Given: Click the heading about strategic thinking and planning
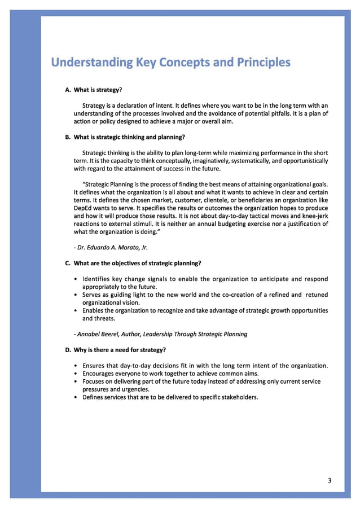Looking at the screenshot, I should click(125, 137).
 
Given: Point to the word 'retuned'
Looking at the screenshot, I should click(317, 295).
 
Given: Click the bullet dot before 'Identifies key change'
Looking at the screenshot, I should click(76, 279).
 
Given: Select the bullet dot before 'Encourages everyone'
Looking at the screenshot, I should click(76, 374).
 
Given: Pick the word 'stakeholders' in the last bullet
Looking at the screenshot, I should click(237, 397).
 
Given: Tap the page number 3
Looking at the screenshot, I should click(330, 481).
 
